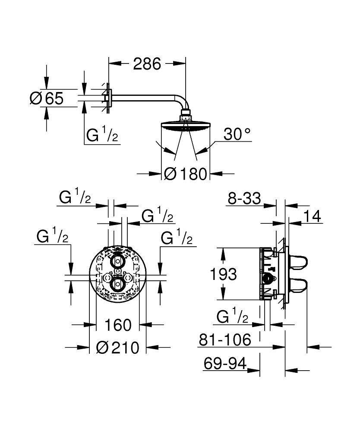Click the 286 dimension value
click(146, 64)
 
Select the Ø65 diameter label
click(46, 98)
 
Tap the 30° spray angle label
click(237, 135)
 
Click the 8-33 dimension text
click(244, 199)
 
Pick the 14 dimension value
click(313, 216)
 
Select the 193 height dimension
click(223, 274)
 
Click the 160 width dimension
click(117, 324)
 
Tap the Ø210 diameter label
click(117, 347)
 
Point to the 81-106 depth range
click(225, 340)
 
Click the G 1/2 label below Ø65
click(102, 136)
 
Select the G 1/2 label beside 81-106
click(232, 318)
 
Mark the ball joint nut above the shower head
click(186, 116)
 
